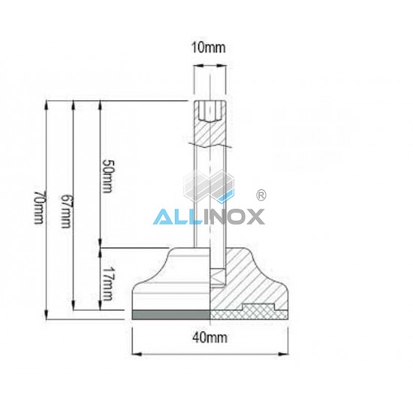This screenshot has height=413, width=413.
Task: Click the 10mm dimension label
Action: pos(208,47)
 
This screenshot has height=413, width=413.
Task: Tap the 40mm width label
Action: pos(210,337)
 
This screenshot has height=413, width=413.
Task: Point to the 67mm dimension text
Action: pos(65,211)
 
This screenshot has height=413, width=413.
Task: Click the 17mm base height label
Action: pos(108,283)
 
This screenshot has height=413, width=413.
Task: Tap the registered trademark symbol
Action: pos(261,195)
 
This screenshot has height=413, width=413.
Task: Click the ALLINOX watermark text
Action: pos(209,216)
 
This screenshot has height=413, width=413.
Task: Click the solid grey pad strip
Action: pos(171,315)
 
